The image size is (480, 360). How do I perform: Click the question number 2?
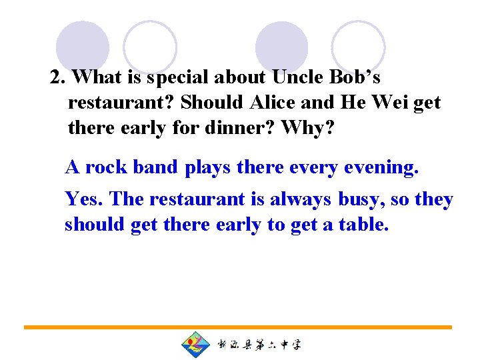tap(57, 78)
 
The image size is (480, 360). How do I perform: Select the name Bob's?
tap(355, 78)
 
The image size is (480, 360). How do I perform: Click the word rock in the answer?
tap(107, 168)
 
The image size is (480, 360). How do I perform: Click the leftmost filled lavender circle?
tap(83, 47)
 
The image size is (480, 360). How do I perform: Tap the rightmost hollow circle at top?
tap(359, 47)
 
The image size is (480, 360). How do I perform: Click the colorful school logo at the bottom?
tap(195, 345)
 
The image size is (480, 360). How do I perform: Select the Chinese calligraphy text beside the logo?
tap(259, 345)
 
